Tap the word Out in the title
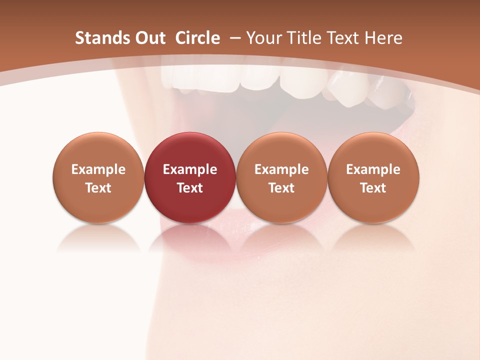tap(148, 38)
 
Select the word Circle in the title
tap(197, 38)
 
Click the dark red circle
tap(190, 177)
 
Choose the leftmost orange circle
tap(98, 177)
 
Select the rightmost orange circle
tap(373, 177)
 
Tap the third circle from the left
tap(281, 177)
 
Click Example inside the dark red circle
tap(190, 169)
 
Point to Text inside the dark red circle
tap(190, 188)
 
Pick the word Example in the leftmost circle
tap(98, 169)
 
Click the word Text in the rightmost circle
tap(373, 188)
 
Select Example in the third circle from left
tap(281, 169)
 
